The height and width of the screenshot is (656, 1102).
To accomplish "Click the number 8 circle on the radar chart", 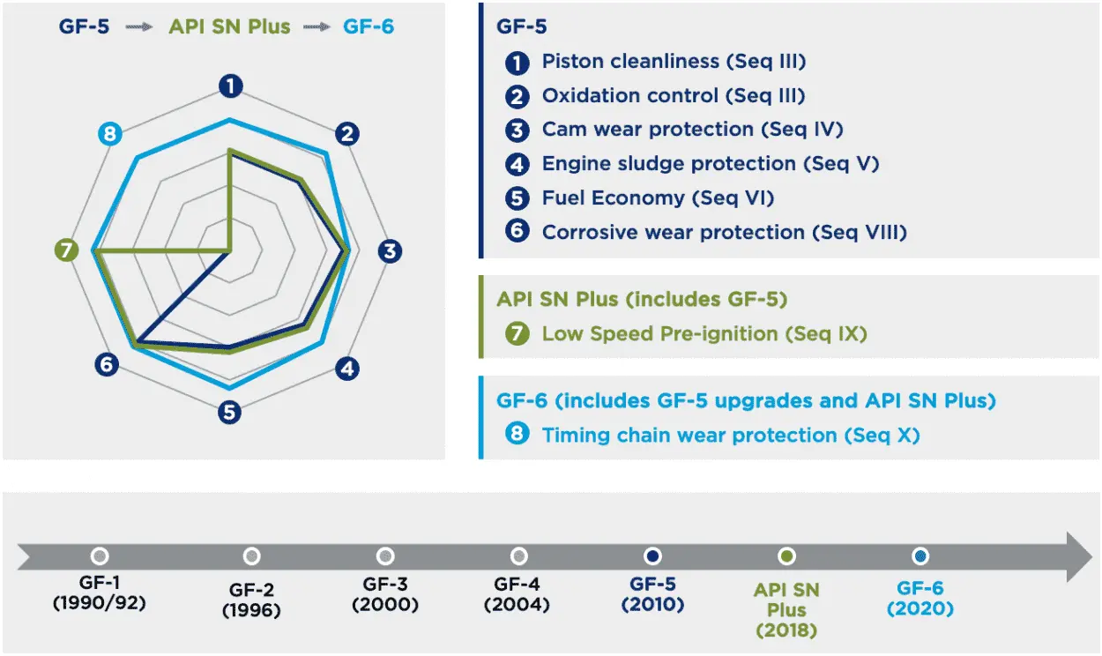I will [x=109, y=134].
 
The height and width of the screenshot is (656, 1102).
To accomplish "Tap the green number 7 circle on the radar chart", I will [x=65, y=251].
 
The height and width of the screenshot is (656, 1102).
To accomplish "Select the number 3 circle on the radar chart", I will [x=390, y=251].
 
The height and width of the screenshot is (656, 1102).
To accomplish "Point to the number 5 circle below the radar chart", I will [x=230, y=411].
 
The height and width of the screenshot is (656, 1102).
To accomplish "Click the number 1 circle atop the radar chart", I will [x=230, y=86].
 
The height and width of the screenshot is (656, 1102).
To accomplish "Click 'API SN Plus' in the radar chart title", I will [x=229, y=26].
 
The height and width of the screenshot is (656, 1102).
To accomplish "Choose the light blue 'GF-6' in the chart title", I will [x=368, y=26].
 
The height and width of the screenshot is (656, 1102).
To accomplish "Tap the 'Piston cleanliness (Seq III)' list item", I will [x=674, y=62].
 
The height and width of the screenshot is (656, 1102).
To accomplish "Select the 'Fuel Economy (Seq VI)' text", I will [x=658, y=198].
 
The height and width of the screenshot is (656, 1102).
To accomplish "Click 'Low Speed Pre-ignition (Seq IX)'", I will [x=704, y=334].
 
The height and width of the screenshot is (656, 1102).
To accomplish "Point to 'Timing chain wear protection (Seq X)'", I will [x=730, y=435].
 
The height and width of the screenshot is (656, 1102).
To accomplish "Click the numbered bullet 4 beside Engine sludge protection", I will [x=517, y=164].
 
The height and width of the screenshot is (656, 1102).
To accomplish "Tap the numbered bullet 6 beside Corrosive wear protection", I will [x=517, y=232].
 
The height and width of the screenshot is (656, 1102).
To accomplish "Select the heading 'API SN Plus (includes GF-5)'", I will [x=641, y=300].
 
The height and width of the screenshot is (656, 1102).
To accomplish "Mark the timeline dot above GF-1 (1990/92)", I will [x=100, y=556].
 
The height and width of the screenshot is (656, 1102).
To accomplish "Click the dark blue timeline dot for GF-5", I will [x=652, y=556].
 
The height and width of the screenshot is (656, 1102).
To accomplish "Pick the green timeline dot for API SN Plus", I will [x=787, y=556].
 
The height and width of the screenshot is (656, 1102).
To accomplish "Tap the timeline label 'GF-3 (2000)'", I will [x=385, y=594].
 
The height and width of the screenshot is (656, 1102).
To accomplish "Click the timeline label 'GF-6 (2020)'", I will [x=920, y=598].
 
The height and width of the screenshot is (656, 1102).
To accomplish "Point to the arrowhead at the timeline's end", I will [x=1079, y=556].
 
